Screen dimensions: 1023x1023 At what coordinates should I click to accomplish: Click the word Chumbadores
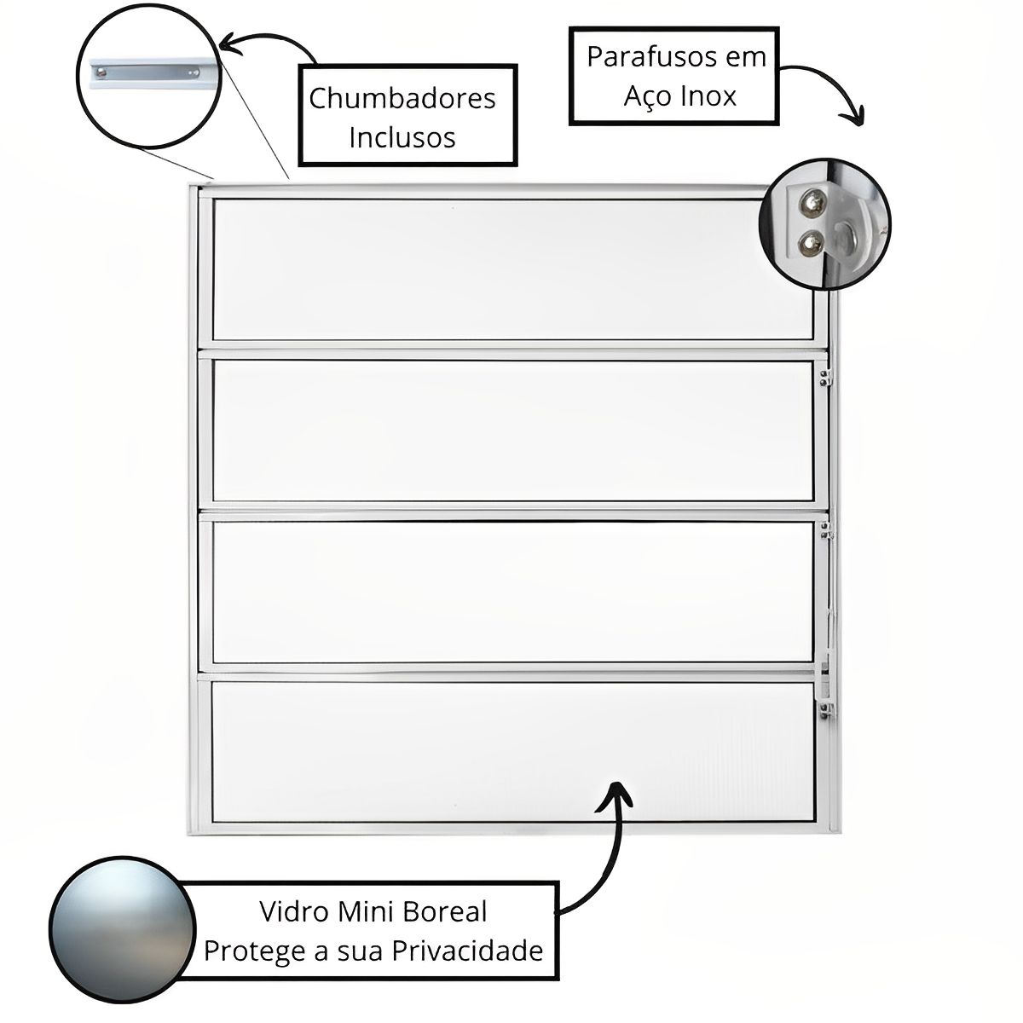[x=402, y=98]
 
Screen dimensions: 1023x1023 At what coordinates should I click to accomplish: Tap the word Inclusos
[x=402, y=137]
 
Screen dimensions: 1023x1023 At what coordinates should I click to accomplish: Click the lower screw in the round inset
[x=808, y=245]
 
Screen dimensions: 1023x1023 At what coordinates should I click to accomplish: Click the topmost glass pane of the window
[x=511, y=269]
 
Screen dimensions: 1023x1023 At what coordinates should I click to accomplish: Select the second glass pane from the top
[x=511, y=431]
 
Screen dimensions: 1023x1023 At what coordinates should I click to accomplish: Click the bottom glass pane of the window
[x=511, y=750]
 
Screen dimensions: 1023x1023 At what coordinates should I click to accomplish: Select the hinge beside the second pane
[x=824, y=376]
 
